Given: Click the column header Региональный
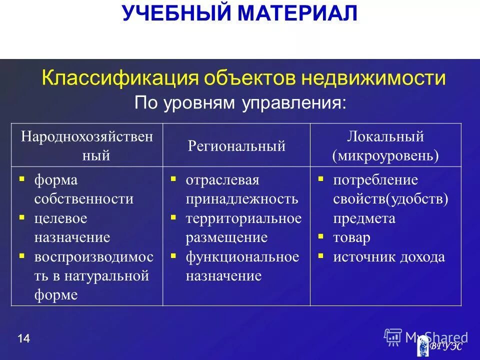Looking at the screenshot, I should (236, 146).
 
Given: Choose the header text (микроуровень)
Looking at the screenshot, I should (385, 155).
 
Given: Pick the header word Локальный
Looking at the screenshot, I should (385, 136).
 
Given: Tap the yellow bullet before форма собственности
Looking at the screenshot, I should (22, 178).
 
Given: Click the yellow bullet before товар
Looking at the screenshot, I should (321, 236).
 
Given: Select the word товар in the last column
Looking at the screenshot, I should (351, 237).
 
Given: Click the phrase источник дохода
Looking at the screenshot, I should (388, 257).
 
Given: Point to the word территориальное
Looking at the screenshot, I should (243, 218).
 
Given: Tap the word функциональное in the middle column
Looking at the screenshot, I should (242, 257).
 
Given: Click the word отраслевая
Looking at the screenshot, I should (222, 179).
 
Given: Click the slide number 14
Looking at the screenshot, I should (23, 339).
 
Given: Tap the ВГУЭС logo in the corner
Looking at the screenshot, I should (440, 345).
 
